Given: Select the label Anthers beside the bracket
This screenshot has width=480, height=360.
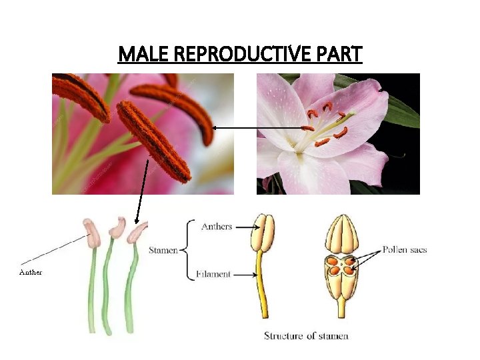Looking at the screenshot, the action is (x=217, y=227).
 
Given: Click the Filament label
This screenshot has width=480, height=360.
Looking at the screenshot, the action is (x=215, y=274).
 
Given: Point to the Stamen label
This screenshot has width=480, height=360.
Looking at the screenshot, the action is (x=163, y=251).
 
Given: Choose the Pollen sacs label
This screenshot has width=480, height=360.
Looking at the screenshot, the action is (x=405, y=251).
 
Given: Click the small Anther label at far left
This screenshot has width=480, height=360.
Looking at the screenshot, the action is (x=31, y=272).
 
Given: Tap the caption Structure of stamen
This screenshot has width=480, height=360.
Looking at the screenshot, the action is (x=306, y=335).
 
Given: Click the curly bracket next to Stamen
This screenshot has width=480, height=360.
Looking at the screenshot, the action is (x=188, y=251).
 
